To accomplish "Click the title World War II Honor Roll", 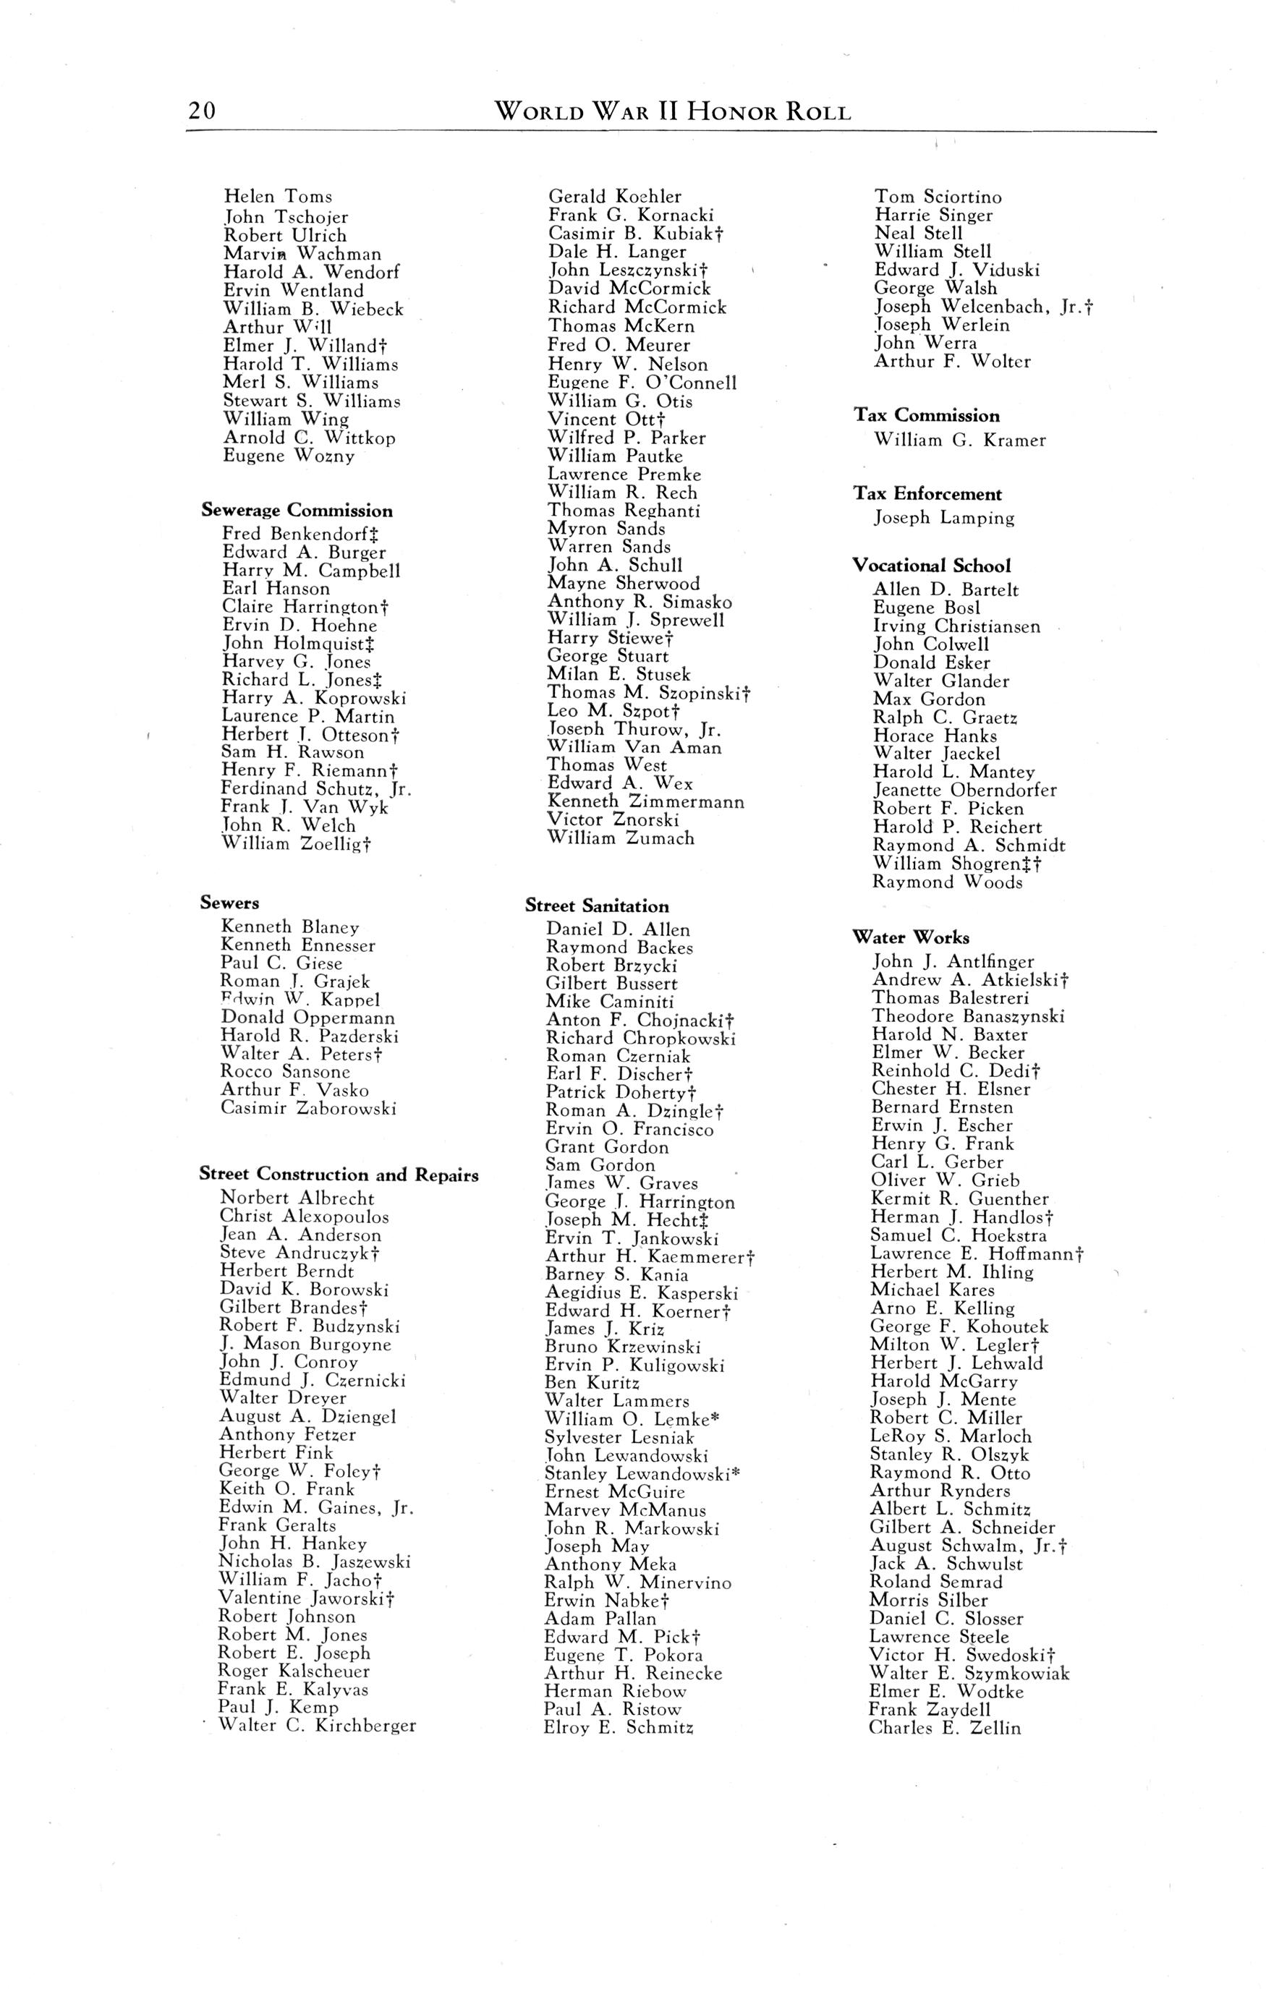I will (x=672, y=111).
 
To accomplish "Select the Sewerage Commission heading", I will (x=297, y=511).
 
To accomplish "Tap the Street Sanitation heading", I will (x=597, y=906).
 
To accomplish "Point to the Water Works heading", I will (x=911, y=937).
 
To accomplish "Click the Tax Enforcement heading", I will (x=927, y=494).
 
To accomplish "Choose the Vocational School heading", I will (x=931, y=566).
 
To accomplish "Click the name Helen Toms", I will (x=278, y=197).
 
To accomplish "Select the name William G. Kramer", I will (x=959, y=440).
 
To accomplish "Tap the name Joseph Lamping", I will (x=944, y=518).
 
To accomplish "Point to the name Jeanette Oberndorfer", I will (x=964, y=791).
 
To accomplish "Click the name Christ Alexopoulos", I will (x=303, y=1217).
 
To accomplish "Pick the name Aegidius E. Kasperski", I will (x=641, y=1292).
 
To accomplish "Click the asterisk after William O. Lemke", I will (x=715, y=1418).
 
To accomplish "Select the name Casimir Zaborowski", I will (x=307, y=1109).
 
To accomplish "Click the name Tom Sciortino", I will (x=938, y=197).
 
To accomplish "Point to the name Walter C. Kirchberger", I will (x=317, y=1726).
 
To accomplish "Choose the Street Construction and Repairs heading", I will (x=339, y=1175).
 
